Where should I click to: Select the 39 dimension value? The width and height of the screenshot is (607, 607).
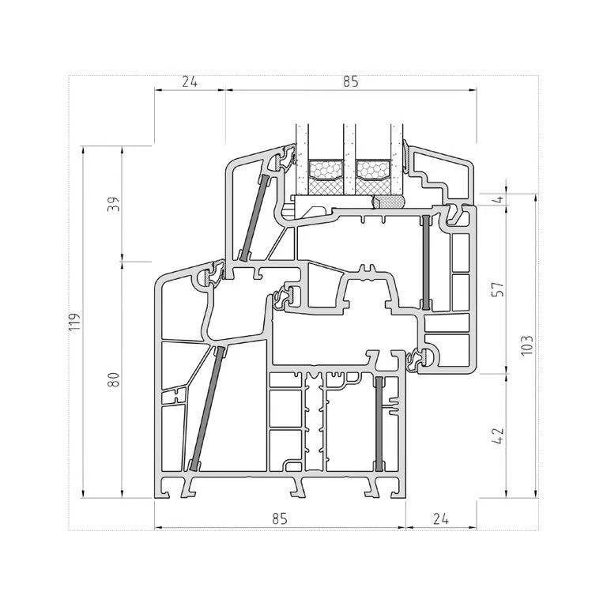point(114,204)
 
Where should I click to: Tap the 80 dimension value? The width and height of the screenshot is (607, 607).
point(114,379)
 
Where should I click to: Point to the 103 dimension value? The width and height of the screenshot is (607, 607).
point(527,345)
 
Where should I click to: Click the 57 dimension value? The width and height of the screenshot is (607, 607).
point(499,288)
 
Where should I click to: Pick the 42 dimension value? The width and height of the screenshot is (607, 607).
point(499,436)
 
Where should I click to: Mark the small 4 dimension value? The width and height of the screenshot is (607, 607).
point(500,199)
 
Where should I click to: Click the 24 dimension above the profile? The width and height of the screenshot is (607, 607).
point(190,82)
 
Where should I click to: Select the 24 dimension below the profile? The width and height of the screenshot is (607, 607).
point(440,518)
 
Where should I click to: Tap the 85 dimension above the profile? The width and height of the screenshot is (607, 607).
point(351,82)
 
